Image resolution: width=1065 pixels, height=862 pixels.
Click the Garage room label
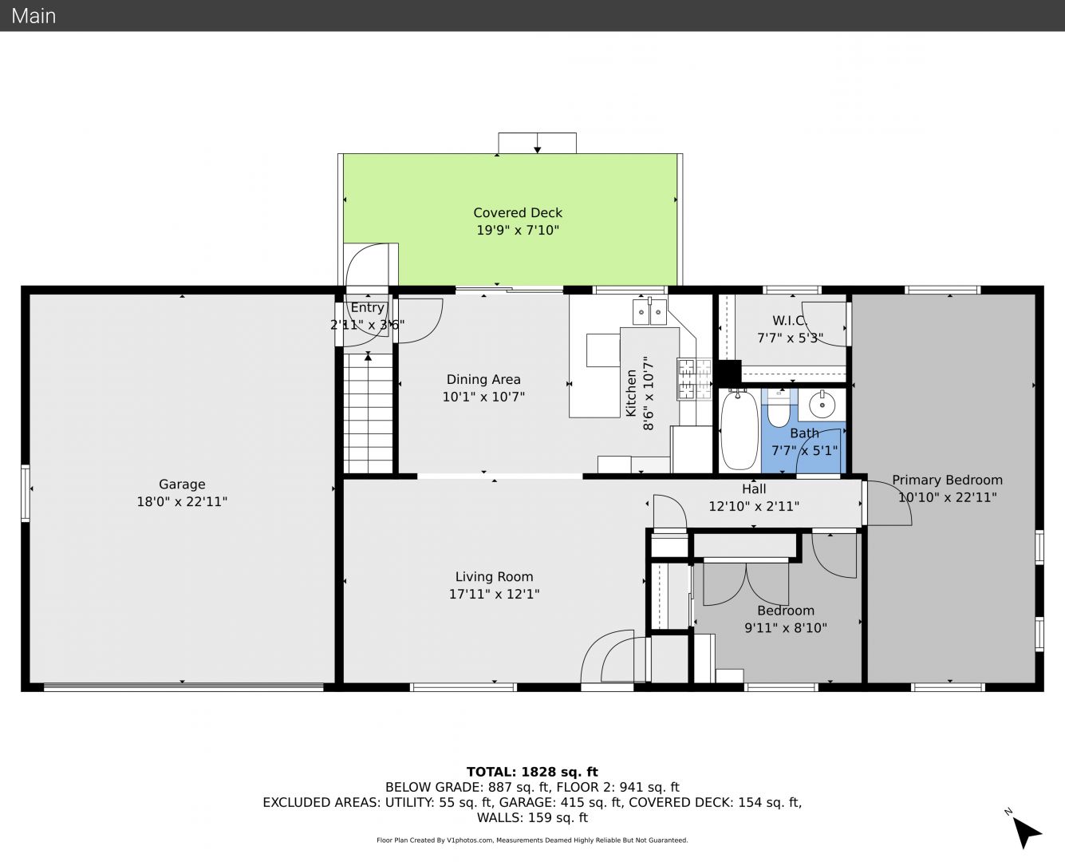182,484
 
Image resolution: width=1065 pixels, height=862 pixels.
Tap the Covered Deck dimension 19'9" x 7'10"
518,230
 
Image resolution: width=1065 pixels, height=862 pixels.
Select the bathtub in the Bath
740,430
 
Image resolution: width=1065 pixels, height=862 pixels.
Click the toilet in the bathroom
779,409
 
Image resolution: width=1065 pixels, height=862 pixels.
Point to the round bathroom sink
822,404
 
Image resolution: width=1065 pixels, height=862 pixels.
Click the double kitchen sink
649,312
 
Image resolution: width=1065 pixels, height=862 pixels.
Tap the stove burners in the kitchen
695,379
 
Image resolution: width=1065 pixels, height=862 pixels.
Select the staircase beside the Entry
368,413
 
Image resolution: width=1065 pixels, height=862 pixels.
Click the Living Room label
494,576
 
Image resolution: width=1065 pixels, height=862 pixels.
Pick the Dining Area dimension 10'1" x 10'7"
483,397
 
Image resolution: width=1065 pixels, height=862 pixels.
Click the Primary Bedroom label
948,480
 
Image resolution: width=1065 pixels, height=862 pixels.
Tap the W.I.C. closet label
790,320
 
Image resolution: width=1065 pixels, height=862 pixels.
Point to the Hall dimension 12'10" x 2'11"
754,506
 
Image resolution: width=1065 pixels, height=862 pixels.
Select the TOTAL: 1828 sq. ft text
532,772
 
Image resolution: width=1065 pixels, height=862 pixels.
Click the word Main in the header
34,16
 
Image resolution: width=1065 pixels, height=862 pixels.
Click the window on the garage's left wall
25,493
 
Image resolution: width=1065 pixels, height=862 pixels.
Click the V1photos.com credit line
532,840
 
